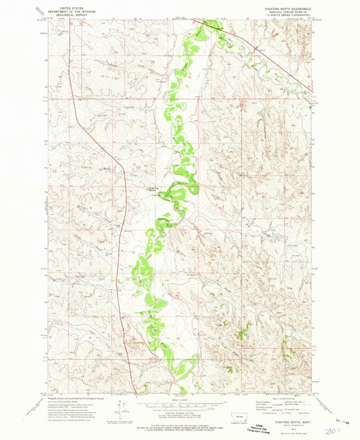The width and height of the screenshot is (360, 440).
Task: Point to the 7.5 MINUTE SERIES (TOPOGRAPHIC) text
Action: click(287, 16)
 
